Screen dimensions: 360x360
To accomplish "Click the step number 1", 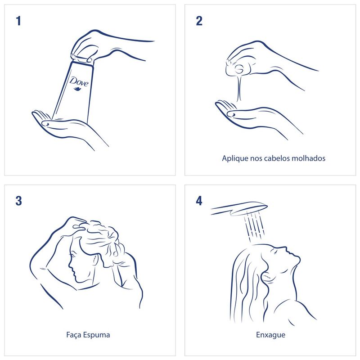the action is [x=18, y=21].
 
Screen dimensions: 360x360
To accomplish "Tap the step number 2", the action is [x=199, y=21].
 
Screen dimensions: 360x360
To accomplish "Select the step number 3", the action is [x=18, y=201].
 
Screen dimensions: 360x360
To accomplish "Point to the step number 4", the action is [x=199, y=201].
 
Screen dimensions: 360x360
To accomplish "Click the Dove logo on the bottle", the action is [x=79, y=81].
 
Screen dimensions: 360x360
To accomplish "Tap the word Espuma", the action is [x=96, y=335].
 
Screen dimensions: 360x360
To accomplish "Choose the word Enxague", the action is [x=271, y=335].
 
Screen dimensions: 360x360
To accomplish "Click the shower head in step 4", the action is [x=239, y=209].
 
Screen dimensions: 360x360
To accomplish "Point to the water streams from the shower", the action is [x=254, y=226].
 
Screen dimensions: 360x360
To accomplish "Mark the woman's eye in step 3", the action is [x=73, y=255].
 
